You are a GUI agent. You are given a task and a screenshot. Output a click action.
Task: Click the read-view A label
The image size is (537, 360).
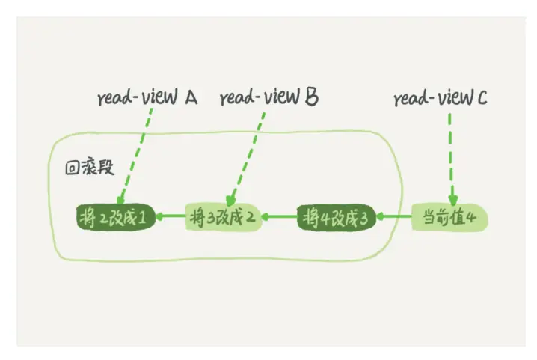click(x=147, y=97)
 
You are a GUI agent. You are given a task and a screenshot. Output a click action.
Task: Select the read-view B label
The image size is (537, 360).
click(x=269, y=97)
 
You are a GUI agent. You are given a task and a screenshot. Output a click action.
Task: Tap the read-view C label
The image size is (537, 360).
click(x=441, y=97)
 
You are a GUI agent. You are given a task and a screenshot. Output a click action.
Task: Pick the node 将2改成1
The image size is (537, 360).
click(x=117, y=218)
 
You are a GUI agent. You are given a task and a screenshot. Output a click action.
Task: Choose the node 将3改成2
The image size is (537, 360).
click(x=223, y=218)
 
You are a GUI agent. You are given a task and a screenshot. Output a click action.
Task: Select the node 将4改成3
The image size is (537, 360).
click(x=337, y=218)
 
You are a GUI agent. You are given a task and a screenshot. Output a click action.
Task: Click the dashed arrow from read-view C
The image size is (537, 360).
click(x=450, y=157)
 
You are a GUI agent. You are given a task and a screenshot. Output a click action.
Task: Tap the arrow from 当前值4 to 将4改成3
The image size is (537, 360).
click(x=393, y=218)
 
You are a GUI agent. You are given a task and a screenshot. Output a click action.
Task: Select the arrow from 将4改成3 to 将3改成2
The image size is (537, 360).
click(x=280, y=218)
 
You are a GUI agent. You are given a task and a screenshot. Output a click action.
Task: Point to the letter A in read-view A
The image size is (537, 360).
click(x=190, y=97)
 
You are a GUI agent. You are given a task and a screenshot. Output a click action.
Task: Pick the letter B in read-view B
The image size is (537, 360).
click(x=313, y=97)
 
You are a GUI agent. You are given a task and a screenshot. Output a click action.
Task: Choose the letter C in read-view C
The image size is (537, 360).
click(x=481, y=97)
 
